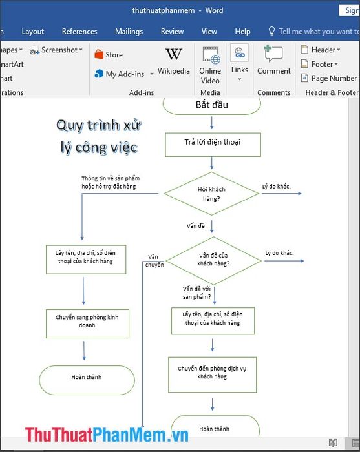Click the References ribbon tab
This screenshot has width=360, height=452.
(79, 31)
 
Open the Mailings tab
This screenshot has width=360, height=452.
(129, 32)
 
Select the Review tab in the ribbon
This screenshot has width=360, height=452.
(172, 31)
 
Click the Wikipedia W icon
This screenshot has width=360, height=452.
(174, 54)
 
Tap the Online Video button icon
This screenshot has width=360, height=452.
(211, 55)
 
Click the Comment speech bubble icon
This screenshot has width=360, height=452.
(273, 54)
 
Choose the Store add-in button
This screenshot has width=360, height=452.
(109, 54)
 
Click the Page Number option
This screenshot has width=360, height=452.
(329, 78)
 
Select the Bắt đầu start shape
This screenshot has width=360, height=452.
(212, 105)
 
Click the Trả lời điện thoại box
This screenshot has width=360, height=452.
(213, 145)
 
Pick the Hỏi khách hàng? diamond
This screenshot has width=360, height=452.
(211, 194)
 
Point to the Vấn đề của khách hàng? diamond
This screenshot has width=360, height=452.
(213, 261)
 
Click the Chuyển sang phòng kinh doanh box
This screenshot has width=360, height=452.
(87, 324)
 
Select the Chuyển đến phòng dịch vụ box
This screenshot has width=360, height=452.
(212, 375)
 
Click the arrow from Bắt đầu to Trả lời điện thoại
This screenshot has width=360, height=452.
(212, 123)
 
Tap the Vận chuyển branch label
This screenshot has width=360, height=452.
(154, 261)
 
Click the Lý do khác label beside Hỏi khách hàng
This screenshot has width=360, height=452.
(277, 187)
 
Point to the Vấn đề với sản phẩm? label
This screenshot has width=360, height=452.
(196, 293)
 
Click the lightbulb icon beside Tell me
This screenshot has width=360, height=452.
(271, 31)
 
